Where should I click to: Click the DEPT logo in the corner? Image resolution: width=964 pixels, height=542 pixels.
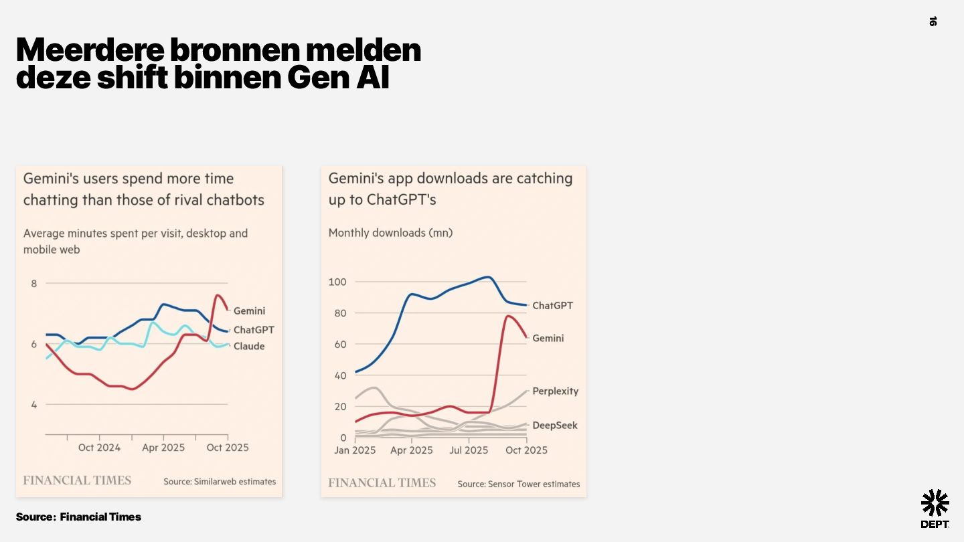pyautogui.click(x=935, y=508)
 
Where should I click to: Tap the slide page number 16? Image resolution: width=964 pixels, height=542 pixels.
pyautogui.click(x=933, y=21)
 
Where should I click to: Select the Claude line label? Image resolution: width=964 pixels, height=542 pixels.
pyautogui.click(x=248, y=346)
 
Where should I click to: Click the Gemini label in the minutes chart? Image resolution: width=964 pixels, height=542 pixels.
pyautogui.click(x=249, y=310)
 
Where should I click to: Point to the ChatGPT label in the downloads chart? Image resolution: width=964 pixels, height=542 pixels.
pyautogui.click(x=552, y=306)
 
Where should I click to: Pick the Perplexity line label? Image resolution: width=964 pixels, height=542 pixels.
pyautogui.click(x=555, y=391)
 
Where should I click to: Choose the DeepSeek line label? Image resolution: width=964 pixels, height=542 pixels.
pyautogui.click(x=554, y=426)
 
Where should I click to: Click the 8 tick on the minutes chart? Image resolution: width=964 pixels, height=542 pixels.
pyautogui.click(x=34, y=284)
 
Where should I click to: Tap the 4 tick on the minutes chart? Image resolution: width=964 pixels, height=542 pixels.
pyautogui.click(x=34, y=404)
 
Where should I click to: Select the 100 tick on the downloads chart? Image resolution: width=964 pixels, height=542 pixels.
pyautogui.click(x=337, y=282)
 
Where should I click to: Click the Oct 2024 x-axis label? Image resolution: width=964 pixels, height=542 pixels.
pyautogui.click(x=99, y=448)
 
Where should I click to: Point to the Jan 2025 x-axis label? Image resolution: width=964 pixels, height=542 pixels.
pyautogui.click(x=355, y=450)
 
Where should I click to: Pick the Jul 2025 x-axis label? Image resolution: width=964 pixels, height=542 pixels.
pyautogui.click(x=469, y=450)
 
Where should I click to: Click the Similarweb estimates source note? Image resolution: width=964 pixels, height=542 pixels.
pyautogui.click(x=220, y=481)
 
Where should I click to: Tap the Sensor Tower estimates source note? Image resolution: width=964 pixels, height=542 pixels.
pyautogui.click(x=519, y=484)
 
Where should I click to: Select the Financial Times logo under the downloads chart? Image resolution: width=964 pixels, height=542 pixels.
pyautogui.click(x=382, y=483)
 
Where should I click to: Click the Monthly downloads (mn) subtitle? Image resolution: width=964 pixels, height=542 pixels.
pyautogui.click(x=390, y=233)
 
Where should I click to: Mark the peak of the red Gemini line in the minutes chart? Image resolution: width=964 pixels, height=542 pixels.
pyautogui.click(x=218, y=295)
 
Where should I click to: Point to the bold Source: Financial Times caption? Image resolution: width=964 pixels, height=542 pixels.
pyautogui.click(x=78, y=517)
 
